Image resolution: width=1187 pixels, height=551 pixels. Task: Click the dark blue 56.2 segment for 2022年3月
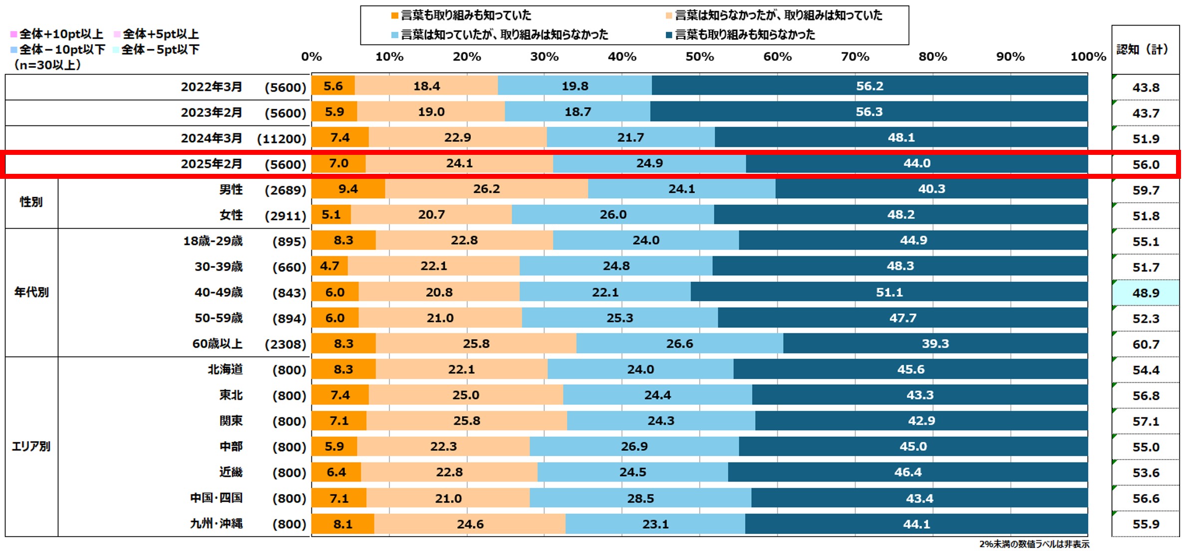click(870, 86)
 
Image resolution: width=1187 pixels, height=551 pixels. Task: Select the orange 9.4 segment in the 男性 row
click(348, 189)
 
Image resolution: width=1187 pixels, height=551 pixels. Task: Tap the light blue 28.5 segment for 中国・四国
click(640, 498)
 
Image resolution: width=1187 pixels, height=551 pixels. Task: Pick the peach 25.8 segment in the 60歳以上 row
click(476, 344)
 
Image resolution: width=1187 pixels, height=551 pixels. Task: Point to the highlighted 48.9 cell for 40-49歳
click(1146, 293)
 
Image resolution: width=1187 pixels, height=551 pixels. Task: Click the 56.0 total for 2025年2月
click(1146, 164)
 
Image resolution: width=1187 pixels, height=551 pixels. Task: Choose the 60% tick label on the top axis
click(777, 56)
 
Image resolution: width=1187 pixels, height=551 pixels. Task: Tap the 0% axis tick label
click(311, 56)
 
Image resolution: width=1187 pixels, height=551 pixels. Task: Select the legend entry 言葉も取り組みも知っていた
click(466, 15)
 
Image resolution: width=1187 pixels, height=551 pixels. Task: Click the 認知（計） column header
click(1143, 49)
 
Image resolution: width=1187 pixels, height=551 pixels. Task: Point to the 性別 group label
click(31, 202)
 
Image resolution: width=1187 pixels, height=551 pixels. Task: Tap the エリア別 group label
click(31, 446)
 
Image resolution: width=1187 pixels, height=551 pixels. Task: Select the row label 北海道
click(225, 370)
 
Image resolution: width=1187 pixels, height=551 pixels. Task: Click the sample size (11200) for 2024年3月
click(282, 139)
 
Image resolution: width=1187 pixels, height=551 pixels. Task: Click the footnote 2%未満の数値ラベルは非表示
click(1034, 544)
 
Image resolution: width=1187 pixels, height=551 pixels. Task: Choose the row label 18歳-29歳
click(213, 241)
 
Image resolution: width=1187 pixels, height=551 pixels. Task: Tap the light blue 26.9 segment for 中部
click(634, 446)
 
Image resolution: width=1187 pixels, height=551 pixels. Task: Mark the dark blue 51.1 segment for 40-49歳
click(889, 292)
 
